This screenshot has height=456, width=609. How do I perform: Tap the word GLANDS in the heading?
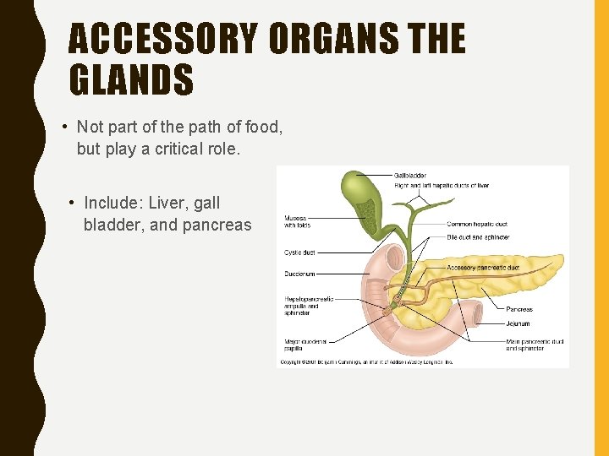131,80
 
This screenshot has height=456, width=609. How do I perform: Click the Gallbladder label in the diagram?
410,176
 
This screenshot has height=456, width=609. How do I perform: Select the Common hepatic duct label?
477,224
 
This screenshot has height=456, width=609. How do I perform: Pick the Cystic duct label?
299,252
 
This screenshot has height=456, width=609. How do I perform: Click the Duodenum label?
300,274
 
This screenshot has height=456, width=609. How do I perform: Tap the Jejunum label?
518,323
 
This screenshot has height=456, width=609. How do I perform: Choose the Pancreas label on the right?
519,309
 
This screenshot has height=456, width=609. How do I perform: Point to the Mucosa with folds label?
297,221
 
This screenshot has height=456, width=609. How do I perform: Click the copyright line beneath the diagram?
365,362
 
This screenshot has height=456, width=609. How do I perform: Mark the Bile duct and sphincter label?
480,237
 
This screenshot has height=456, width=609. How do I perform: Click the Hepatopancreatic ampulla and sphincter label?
309,306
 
